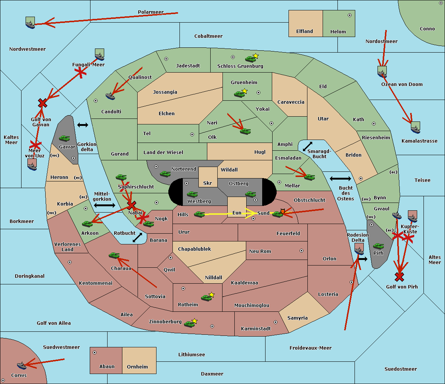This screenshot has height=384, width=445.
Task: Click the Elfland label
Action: (x=304, y=31)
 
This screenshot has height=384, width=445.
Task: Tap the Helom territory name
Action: (x=338, y=32)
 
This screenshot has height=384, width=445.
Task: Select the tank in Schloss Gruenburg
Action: (x=250, y=59)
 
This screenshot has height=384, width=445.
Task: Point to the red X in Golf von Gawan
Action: (x=43, y=103)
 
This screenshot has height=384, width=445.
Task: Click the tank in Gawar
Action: (x=65, y=138)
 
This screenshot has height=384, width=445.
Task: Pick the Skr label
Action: (x=208, y=183)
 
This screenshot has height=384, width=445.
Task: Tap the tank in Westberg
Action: (x=192, y=194)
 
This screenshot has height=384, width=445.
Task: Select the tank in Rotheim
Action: (x=207, y=297)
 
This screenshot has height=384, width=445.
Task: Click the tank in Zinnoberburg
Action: (x=189, y=324)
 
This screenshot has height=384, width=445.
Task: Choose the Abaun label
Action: (x=107, y=367)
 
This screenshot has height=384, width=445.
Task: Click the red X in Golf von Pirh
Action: (x=399, y=277)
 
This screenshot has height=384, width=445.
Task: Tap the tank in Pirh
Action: (x=379, y=246)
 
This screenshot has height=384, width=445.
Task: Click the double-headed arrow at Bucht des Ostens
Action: (x=340, y=179)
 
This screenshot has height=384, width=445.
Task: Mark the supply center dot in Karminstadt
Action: (x=276, y=322)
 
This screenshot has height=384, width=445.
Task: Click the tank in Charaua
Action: (x=114, y=255)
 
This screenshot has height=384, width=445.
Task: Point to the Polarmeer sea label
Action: (x=151, y=12)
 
